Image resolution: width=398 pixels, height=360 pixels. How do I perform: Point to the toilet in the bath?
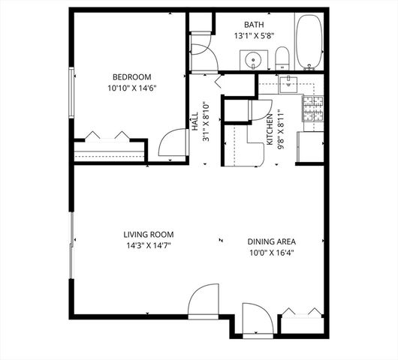click(x=282, y=57)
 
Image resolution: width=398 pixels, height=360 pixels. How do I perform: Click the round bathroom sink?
click(x=252, y=58)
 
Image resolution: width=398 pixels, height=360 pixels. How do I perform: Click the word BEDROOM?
click(x=132, y=77)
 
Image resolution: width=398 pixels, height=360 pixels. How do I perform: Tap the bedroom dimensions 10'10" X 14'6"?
click(x=132, y=88)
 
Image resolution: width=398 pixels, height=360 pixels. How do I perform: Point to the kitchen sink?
click(x=289, y=83)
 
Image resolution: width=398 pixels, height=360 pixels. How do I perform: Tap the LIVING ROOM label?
click(x=149, y=234)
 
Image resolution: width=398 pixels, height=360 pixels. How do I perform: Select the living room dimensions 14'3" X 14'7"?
click(x=149, y=245)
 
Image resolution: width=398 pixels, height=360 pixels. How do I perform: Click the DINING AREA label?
click(x=272, y=241)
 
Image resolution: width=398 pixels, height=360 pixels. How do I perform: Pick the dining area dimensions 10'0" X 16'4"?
click(x=272, y=253)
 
